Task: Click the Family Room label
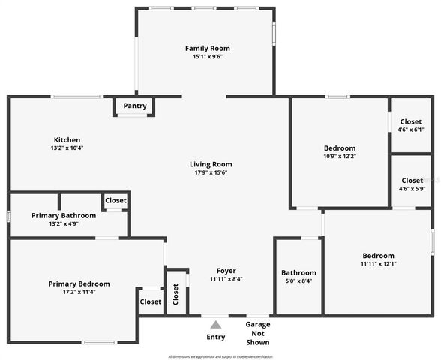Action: (204, 48)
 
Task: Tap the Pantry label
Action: (135, 106)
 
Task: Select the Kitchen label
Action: (67, 140)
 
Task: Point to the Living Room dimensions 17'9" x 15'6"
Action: (210, 172)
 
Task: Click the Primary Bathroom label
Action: (64, 216)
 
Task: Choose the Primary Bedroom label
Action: (79, 283)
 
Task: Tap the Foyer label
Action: (226, 271)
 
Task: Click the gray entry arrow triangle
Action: (216, 325)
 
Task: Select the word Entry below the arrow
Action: (216, 337)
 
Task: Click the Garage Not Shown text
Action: (258, 333)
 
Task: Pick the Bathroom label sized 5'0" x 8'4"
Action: (298, 272)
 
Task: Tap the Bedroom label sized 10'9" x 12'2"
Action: (340, 148)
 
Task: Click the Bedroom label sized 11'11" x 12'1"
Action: (378, 256)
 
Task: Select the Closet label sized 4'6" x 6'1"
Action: (411, 121)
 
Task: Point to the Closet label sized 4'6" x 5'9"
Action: (412, 181)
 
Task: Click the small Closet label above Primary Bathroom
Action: (115, 200)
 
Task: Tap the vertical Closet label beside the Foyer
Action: (175, 293)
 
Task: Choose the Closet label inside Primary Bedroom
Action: (150, 301)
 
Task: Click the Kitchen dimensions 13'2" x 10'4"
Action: (67, 148)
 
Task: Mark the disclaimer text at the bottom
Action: (220, 356)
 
